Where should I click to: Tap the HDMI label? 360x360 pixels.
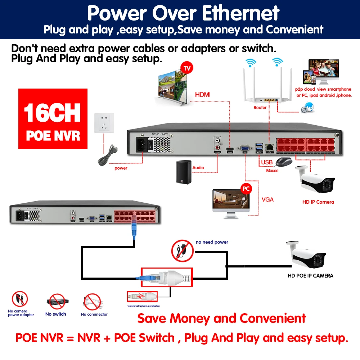[x=202, y=95]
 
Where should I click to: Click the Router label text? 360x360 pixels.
[x=260, y=107]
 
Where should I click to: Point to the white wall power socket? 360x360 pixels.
[x=104, y=123]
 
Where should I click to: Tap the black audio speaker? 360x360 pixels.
[x=184, y=172]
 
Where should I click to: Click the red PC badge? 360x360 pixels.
[x=246, y=189]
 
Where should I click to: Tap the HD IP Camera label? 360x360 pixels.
[x=318, y=202]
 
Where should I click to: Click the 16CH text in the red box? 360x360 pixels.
[x=53, y=113]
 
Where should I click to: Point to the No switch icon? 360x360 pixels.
[x=56, y=302]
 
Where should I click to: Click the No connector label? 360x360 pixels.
[x=94, y=314]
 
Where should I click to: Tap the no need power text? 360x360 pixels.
[x=212, y=242]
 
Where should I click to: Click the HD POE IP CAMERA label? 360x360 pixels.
[x=310, y=276]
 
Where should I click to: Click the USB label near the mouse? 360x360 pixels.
[x=267, y=162]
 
